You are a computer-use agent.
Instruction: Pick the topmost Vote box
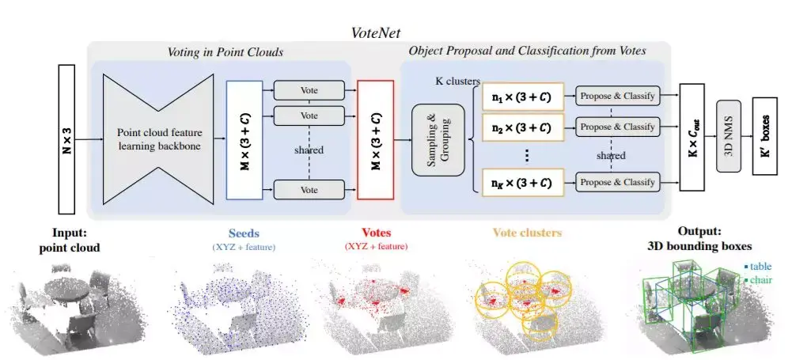309,90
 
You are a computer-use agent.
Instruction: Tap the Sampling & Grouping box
437,138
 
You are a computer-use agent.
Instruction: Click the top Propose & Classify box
617,97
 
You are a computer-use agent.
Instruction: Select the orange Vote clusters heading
528,234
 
